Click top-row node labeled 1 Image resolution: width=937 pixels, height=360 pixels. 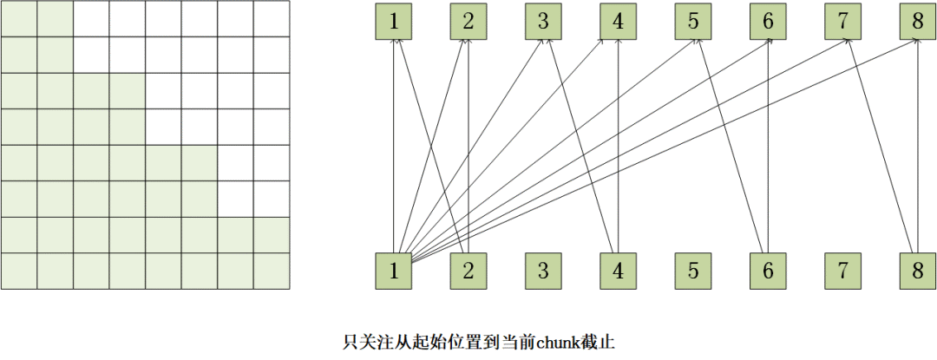[x=394, y=22]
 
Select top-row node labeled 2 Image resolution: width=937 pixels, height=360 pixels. [x=468, y=22]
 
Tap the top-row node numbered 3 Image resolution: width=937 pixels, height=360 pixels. [x=543, y=22]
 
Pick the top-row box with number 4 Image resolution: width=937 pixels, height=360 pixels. [x=618, y=22]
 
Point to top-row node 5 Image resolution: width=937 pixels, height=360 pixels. [x=693, y=22]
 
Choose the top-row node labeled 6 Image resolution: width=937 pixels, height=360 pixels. [x=768, y=22]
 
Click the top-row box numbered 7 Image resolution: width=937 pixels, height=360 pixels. [x=842, y=22]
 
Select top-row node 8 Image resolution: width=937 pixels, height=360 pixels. [x=918, y=22]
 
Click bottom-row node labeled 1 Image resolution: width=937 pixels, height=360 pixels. [x=394, y=271]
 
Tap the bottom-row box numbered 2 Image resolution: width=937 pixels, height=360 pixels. [x=468, y=271]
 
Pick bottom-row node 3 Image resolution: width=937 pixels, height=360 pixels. [x=543, y=271]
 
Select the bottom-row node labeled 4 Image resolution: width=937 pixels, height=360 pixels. [x=618, y=271]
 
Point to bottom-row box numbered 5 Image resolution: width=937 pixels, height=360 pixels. [x=693, y=271]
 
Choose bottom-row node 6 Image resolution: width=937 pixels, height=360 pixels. [x=768, y=271]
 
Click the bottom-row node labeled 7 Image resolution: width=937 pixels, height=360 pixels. [x=842, y=271]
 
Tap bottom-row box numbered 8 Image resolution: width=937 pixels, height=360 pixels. [x=918, y=271]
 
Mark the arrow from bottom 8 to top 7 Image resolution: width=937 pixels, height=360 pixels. [x=880, y=147]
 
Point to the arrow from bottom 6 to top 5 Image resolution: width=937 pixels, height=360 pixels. [x=731, y=147]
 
